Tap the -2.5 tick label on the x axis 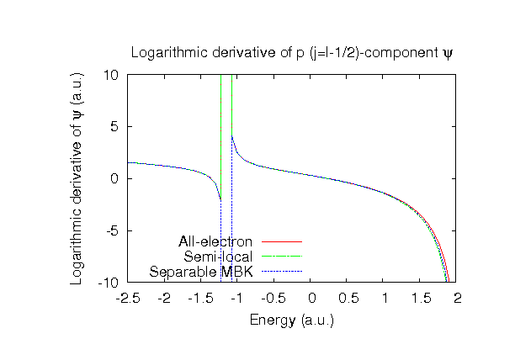(x=128, y=298)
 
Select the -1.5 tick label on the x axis (x=201, y=298)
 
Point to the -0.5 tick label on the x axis (x=274, y=298)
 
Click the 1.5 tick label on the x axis (x=421, y=298)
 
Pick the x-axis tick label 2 (x=458, y=298)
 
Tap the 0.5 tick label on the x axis (x=348, y=298)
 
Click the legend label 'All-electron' (x=215, y=242)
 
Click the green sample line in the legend (x=281, y=257)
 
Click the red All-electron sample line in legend (x=281, y=242)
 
